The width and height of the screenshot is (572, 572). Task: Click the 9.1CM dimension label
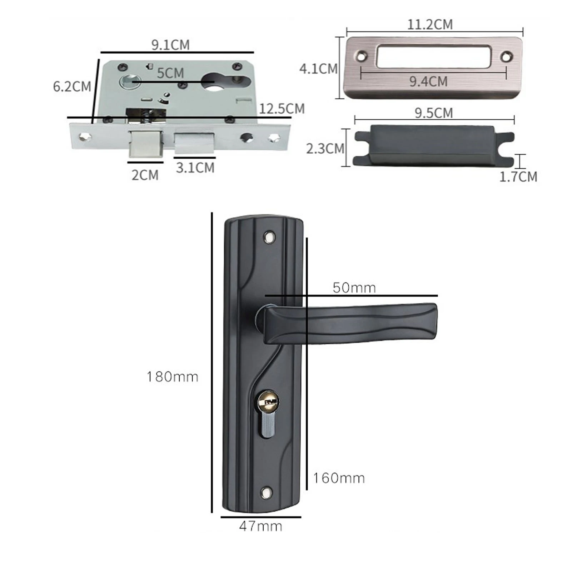[170, 45]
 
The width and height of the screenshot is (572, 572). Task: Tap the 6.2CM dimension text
[72, 87]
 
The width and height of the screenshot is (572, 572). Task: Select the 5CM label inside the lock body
[170, 73]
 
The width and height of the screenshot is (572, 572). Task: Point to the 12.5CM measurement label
[282, 109]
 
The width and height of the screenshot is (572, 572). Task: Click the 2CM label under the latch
[145, 175]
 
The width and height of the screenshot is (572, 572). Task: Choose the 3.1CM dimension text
[195, 168]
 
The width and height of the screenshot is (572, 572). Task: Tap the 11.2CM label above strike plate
[430, 25]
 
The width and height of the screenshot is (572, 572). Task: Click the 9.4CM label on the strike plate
[428, 81]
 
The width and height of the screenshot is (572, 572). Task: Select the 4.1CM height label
[318, 69]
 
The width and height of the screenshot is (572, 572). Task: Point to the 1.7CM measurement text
[518, 177]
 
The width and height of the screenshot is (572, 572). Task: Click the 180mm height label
[173, 377]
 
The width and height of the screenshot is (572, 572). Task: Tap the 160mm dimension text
[339, 478]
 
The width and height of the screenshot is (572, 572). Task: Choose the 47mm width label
[260, 526]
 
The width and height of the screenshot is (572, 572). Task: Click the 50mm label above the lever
[354, 288]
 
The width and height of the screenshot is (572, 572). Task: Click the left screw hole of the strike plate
[362, 56]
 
